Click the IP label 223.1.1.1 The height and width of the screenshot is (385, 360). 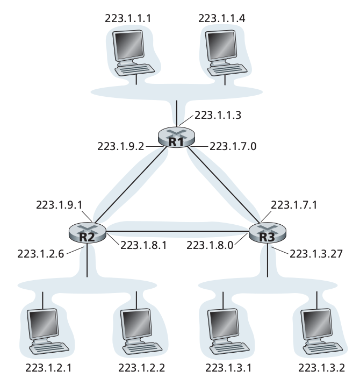click(x=129, y=18)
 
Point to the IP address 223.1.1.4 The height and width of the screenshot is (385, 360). click(x=222, y=18)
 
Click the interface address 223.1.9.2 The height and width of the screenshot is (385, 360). click(x=121, y=146)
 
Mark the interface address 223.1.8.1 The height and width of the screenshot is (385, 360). click(x=144, y=245)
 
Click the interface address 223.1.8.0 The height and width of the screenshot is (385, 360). click(x=211, y=245)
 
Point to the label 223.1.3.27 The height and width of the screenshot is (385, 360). click(x=316, y=253)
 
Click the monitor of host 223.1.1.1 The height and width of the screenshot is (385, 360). click(x=129, y=45)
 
